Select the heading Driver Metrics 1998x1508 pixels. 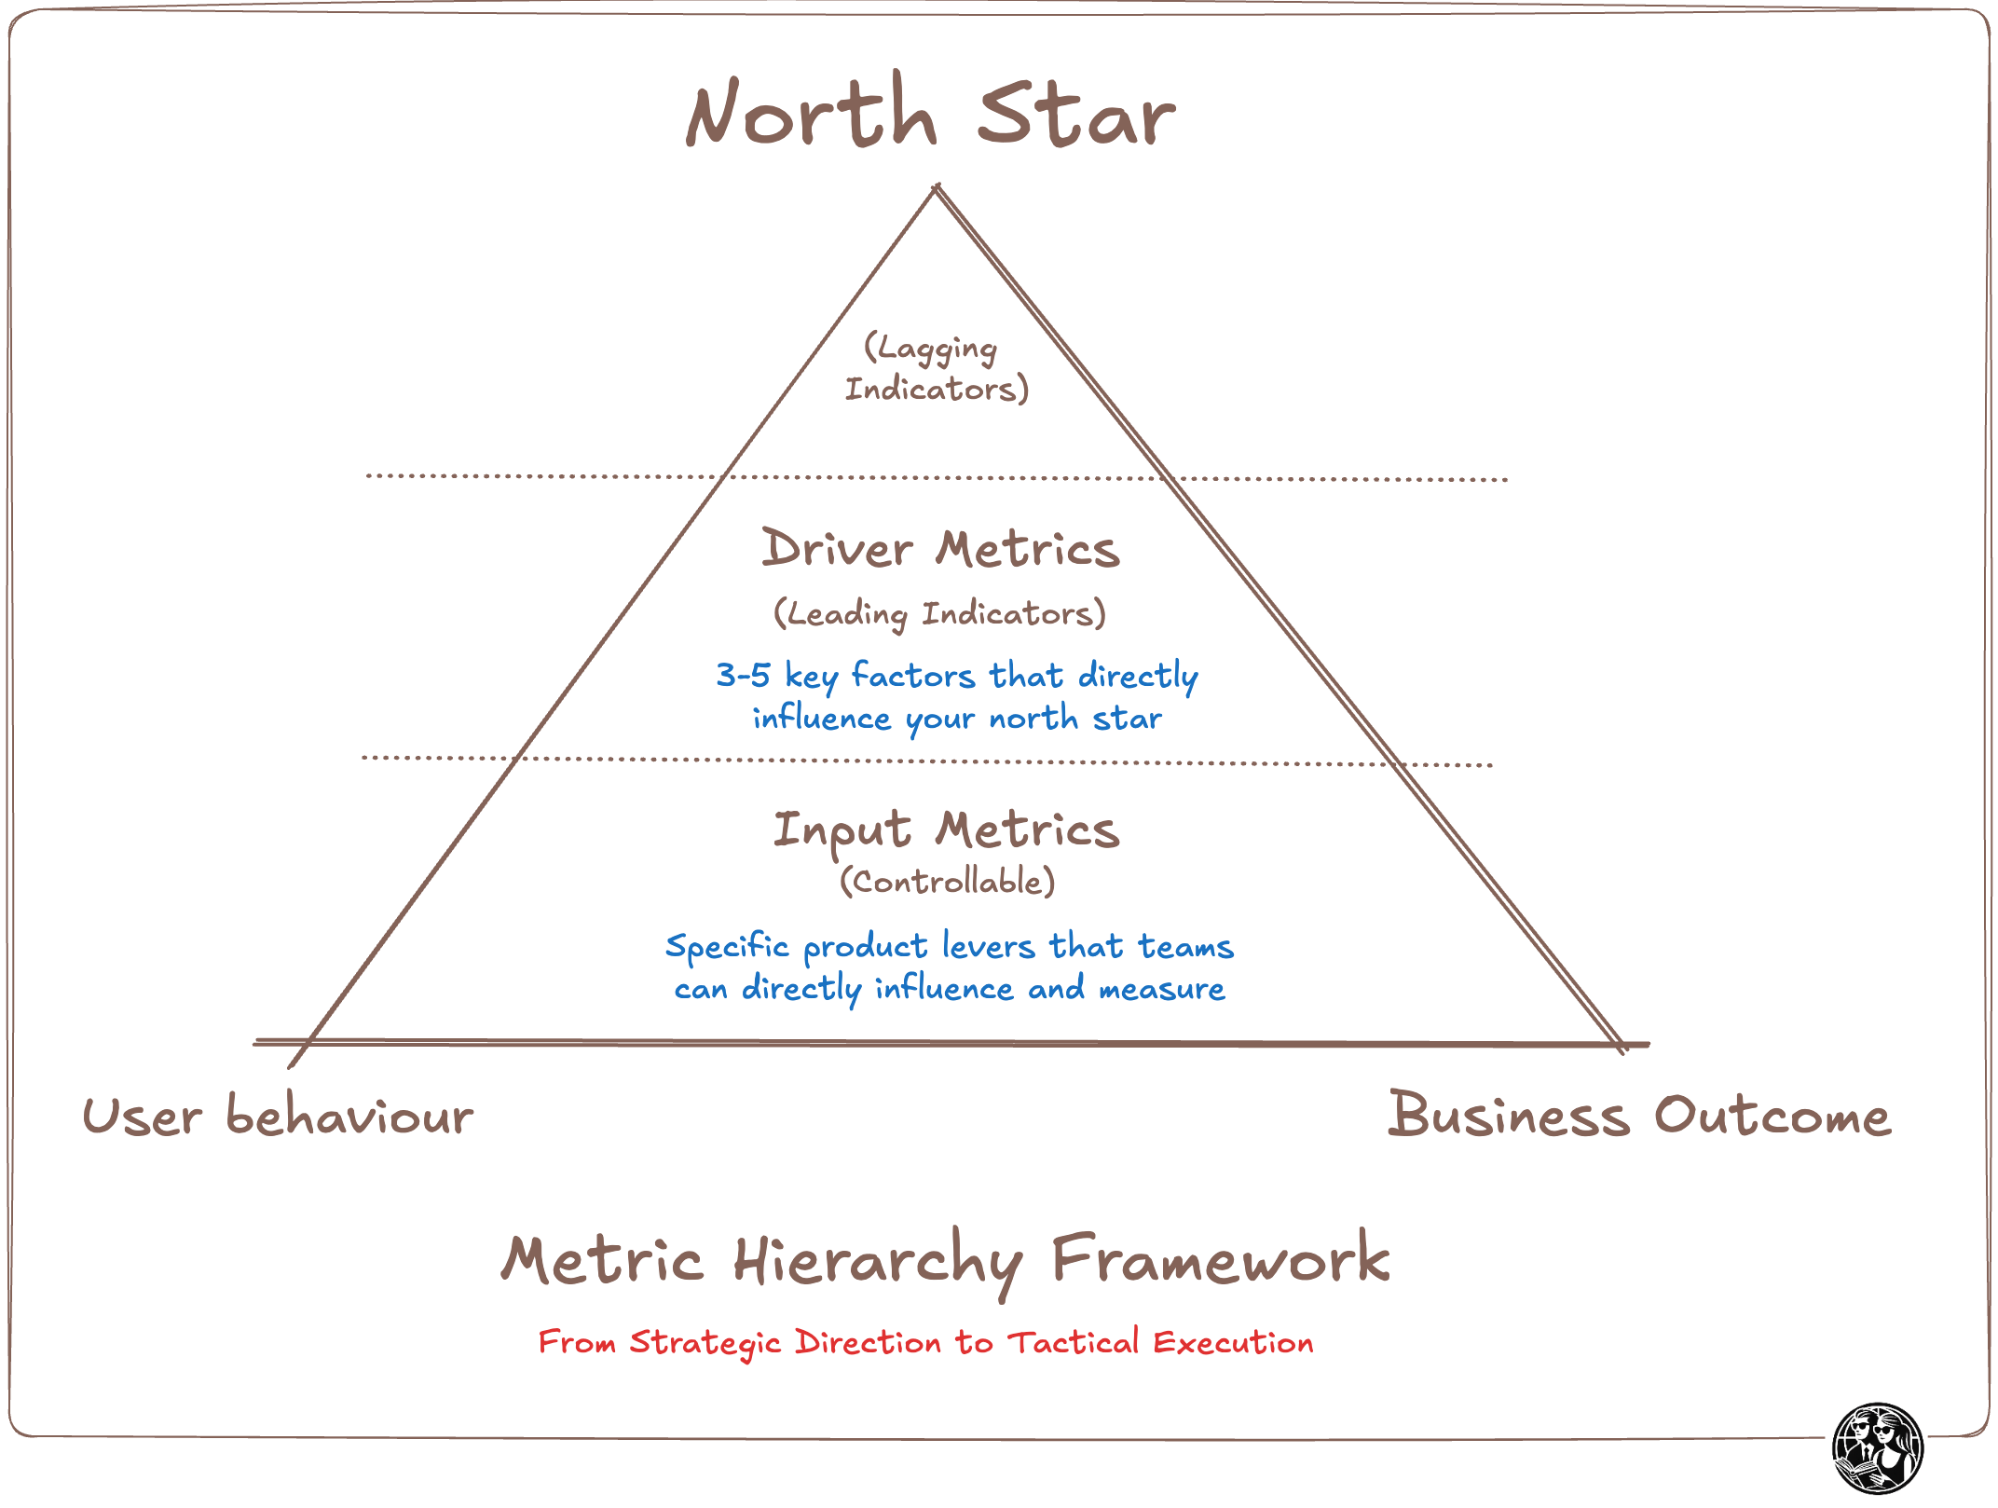[x=940, y=548]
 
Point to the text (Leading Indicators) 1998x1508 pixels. [x=939, y=613]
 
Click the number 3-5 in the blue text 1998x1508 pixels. [x=743, y=675]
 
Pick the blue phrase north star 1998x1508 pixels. [x=1075, y=719]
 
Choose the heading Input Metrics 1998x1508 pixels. [x=946, y=829]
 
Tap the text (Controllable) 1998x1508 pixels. [x=947, y=881]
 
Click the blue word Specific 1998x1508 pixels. [x=727, y=947]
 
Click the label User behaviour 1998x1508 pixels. [x=278, y=1116]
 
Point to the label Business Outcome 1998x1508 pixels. [x=1639, y=1115]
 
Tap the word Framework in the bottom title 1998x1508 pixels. [x=1220, y=1259]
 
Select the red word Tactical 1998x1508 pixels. [x=1074, y=1342]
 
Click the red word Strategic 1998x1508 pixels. [x=705, y=1343]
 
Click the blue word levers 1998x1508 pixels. [x=988, y=947]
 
